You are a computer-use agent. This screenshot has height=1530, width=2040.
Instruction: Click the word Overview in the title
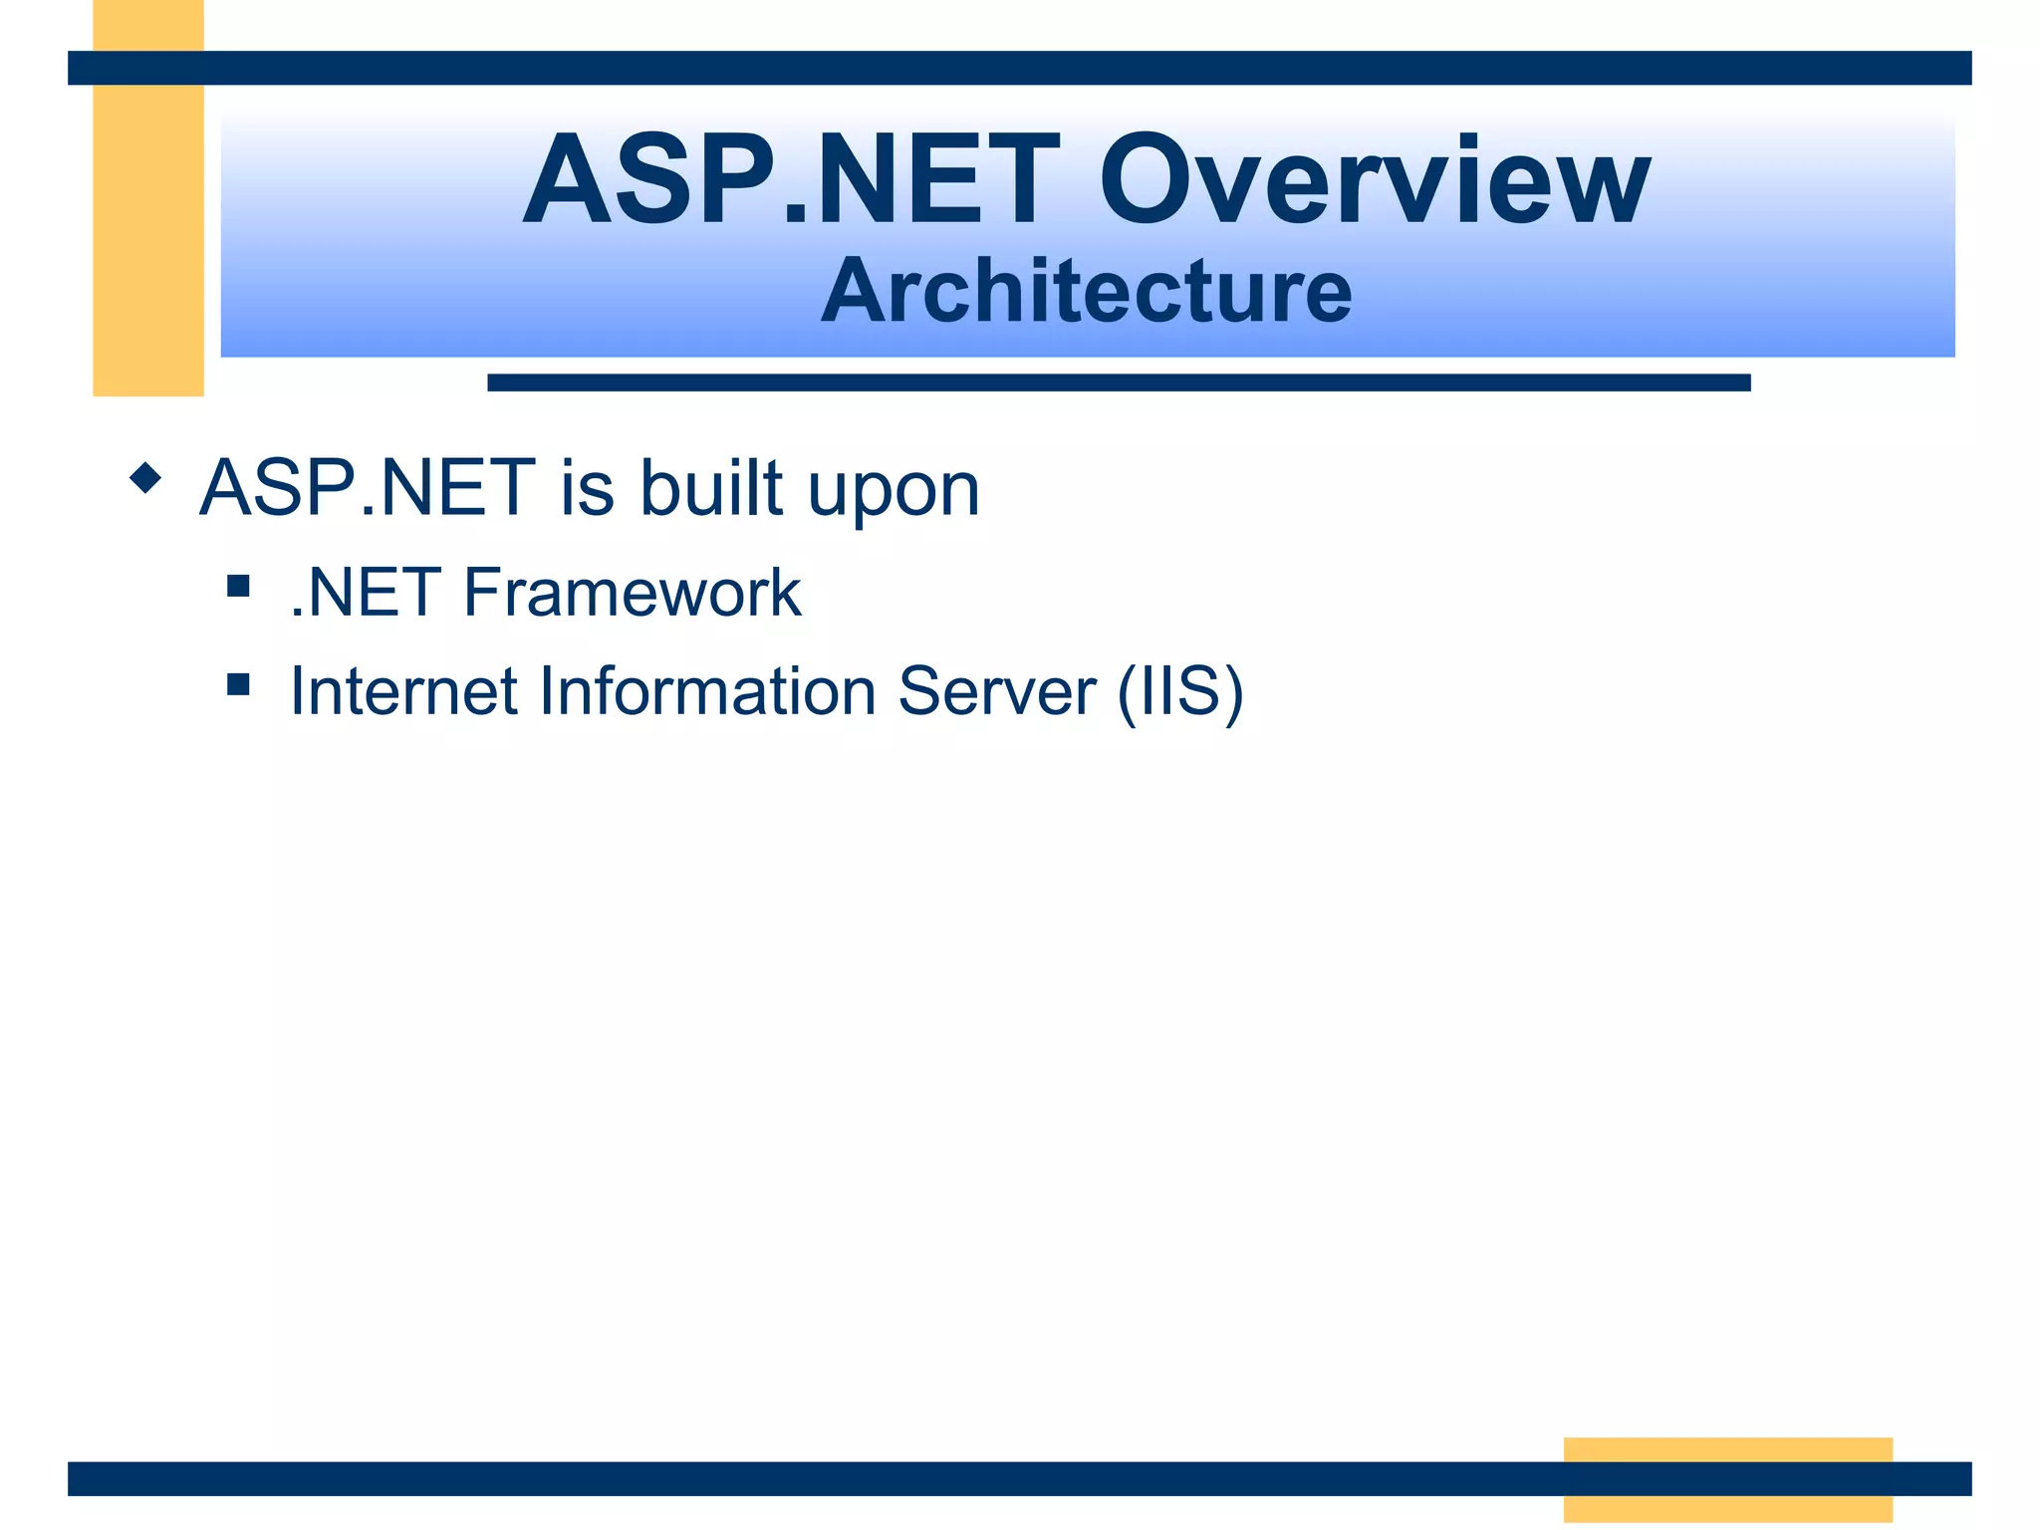(x=1375, y=181)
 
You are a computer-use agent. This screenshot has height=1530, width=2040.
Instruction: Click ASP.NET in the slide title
(x=792, y=181)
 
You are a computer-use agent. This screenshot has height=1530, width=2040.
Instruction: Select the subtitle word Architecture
(x=1086, y=291)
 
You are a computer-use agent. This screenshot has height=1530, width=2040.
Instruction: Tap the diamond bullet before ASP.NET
(x=145, y=478)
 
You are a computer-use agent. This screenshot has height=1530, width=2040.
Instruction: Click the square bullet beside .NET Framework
(x=237, y=585)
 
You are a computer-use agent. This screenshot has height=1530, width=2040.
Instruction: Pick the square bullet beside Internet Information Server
(x=237, y=683)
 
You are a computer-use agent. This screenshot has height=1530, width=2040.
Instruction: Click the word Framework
(x=632, y=593)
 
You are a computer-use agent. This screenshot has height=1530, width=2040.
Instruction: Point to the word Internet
(x=402, y=691)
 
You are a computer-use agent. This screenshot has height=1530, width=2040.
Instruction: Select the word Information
(x=707, y=691)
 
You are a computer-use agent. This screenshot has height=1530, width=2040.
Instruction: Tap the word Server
(x=996, y=691)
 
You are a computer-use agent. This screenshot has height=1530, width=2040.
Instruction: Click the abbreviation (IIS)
(x=1180, y=691)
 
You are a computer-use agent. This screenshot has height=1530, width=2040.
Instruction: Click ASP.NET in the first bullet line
(x=368, y=488)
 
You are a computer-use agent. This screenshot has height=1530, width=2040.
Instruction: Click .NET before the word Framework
(x=366, y=593)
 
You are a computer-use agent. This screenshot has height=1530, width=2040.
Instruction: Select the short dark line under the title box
(x=1118, y=382)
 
